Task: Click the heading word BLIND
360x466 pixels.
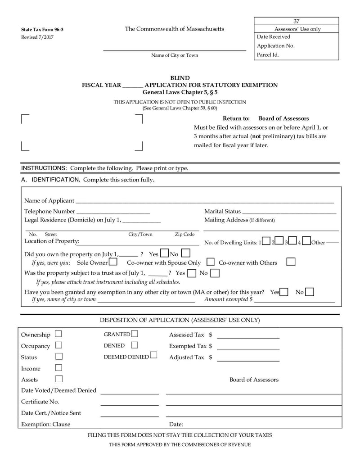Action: (180, 78)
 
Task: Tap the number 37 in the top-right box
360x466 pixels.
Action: (297, 21)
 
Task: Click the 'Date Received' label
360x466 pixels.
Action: (274, 37)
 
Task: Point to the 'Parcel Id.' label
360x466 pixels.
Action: (268, 55)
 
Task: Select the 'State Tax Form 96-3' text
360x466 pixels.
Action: (39, 29)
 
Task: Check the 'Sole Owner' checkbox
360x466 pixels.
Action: (113, 262)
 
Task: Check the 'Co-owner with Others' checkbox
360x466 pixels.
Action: (291, 262)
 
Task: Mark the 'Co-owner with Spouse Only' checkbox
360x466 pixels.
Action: (210, 262)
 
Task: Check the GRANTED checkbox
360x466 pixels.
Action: (135, 334)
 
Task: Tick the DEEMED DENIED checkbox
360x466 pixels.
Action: (154, 356)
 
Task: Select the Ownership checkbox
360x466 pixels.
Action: (58, 334)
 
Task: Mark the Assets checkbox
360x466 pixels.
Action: (58, 379)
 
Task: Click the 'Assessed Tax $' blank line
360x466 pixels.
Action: (248, 337)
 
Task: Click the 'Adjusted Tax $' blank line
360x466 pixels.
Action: (248, 359)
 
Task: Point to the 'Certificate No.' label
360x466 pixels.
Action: (40, 402)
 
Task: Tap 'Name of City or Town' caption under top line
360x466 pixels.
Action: (175, 55)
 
